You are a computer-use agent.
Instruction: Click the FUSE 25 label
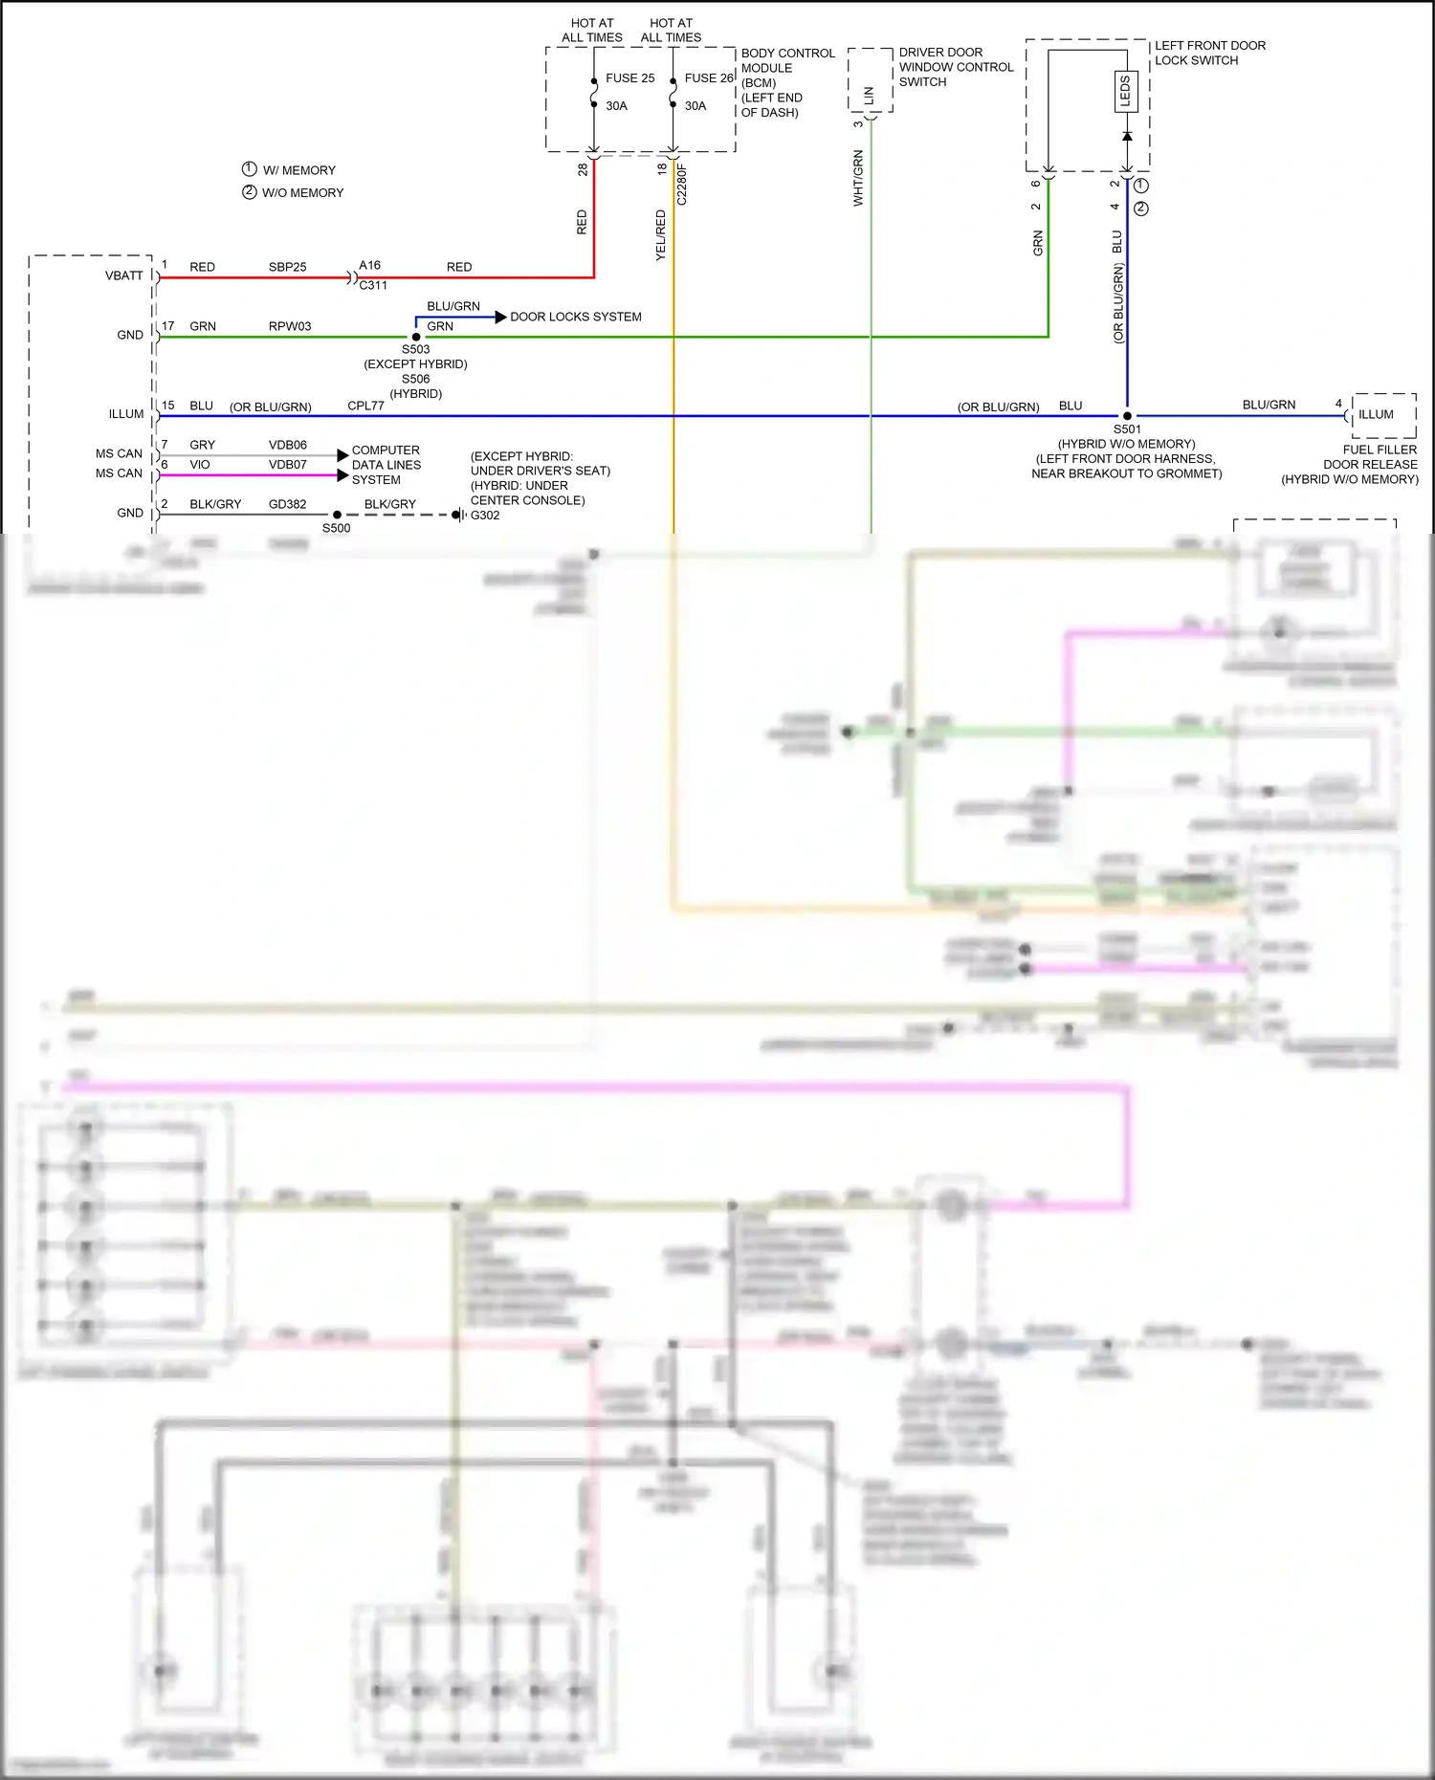point(629,78)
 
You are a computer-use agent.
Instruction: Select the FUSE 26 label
point(708,78)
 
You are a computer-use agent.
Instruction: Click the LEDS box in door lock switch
point(1126,91)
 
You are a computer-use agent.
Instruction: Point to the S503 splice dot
point(416,337)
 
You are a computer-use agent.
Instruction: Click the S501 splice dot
point(1127,416)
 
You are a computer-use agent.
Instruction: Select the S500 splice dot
point(337,515)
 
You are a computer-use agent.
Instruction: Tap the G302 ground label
point(485,516)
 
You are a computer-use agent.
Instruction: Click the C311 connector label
point(373,285)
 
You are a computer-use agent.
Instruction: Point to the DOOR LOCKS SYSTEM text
point(575,317)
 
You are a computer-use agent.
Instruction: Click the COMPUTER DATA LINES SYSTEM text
point(386,465)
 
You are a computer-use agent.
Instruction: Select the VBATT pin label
point(124,275)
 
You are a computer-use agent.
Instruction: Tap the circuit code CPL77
point(365,406)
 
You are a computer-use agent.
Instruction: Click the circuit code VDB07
point(287,465)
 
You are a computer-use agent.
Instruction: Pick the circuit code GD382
point(287,504)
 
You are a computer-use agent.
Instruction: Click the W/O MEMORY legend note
point(302,192)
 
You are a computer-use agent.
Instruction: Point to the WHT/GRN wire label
point(858,178)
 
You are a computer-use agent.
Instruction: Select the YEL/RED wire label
point(660,235)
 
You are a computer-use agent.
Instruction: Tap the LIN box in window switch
point(869,96)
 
